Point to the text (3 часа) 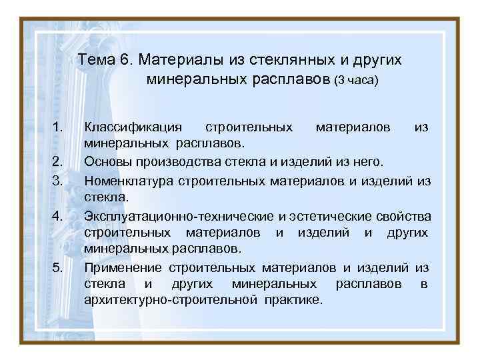356,81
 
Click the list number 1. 57,126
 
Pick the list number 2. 57,161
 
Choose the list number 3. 57,180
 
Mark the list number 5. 57,267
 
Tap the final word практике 291,301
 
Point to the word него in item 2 369,162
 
